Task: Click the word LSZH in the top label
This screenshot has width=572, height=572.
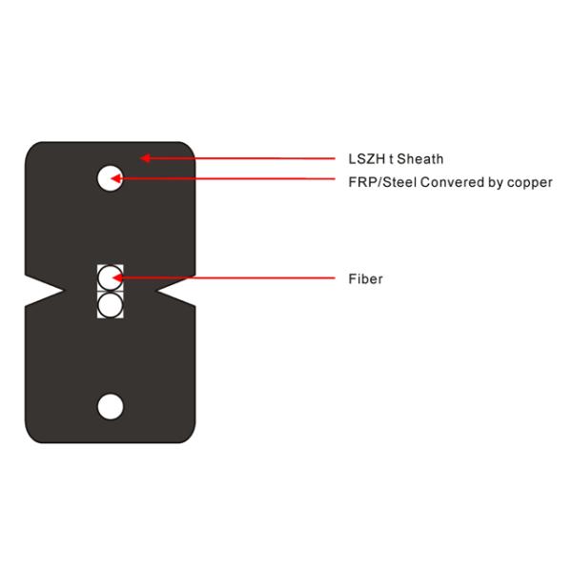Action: click(x=364, y=159)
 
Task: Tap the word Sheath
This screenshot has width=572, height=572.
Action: click(x=421, y=159)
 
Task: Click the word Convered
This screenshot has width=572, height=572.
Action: click(x=446, y=182)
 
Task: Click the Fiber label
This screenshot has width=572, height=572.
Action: click(x=365, y=279)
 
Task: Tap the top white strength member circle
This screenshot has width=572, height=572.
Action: click(x=111, y=177)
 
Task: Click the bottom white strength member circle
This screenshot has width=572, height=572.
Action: click(x=111, y=405)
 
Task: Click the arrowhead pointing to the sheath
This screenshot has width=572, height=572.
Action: click(x=146, y=156)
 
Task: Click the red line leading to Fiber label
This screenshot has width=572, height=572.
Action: click(x=238, y=279)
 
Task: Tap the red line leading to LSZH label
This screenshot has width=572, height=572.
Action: click(x=248, y=157)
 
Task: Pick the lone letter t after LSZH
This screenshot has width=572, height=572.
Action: click(x=391, y=159)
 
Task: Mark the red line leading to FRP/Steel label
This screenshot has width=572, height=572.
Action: click(x=238, y=178)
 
